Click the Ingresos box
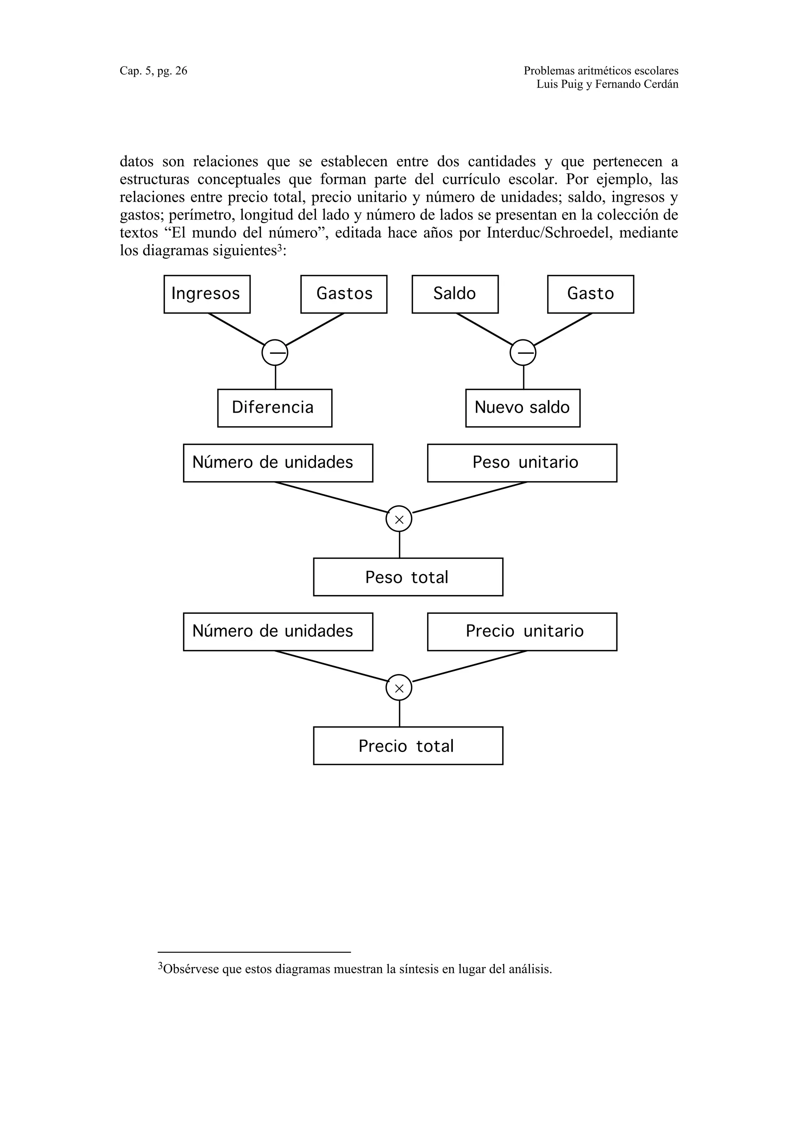coord(207,294)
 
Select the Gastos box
coord(344,294)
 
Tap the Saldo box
coord(455,294)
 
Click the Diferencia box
coord(274,408)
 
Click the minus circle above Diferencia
coord(275,352)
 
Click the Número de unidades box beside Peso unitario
coord(278,463)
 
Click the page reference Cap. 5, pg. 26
coord(154,71)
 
